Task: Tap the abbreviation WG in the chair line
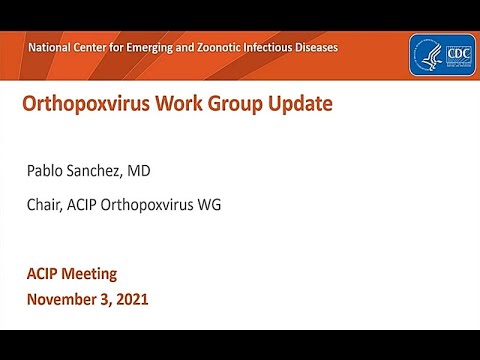pos(208,205)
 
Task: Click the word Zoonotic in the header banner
pos(211,47)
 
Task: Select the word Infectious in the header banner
pos(262,47)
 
